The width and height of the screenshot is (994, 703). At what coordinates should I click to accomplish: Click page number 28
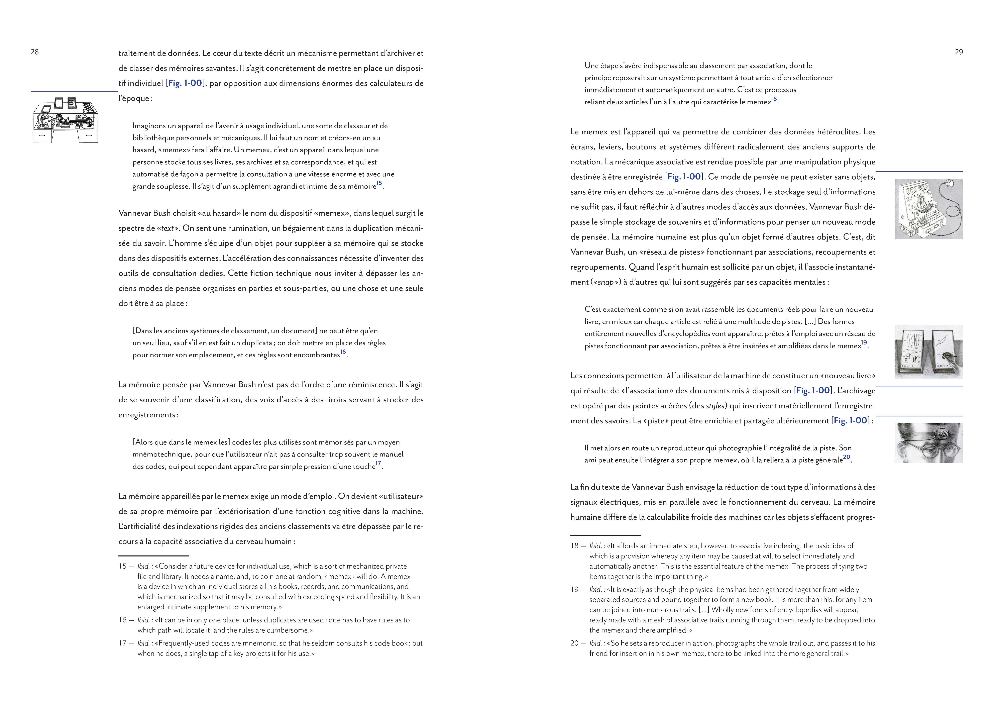(35, 52)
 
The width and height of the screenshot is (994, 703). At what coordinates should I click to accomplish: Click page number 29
(959, 52)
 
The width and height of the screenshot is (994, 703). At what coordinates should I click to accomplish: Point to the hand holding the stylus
(948, 357)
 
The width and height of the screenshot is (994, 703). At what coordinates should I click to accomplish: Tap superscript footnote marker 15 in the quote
(379, 183)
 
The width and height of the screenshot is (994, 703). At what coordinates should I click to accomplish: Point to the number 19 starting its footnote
(574, 590)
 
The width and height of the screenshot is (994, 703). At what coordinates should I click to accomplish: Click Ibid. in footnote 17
(143, 643)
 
